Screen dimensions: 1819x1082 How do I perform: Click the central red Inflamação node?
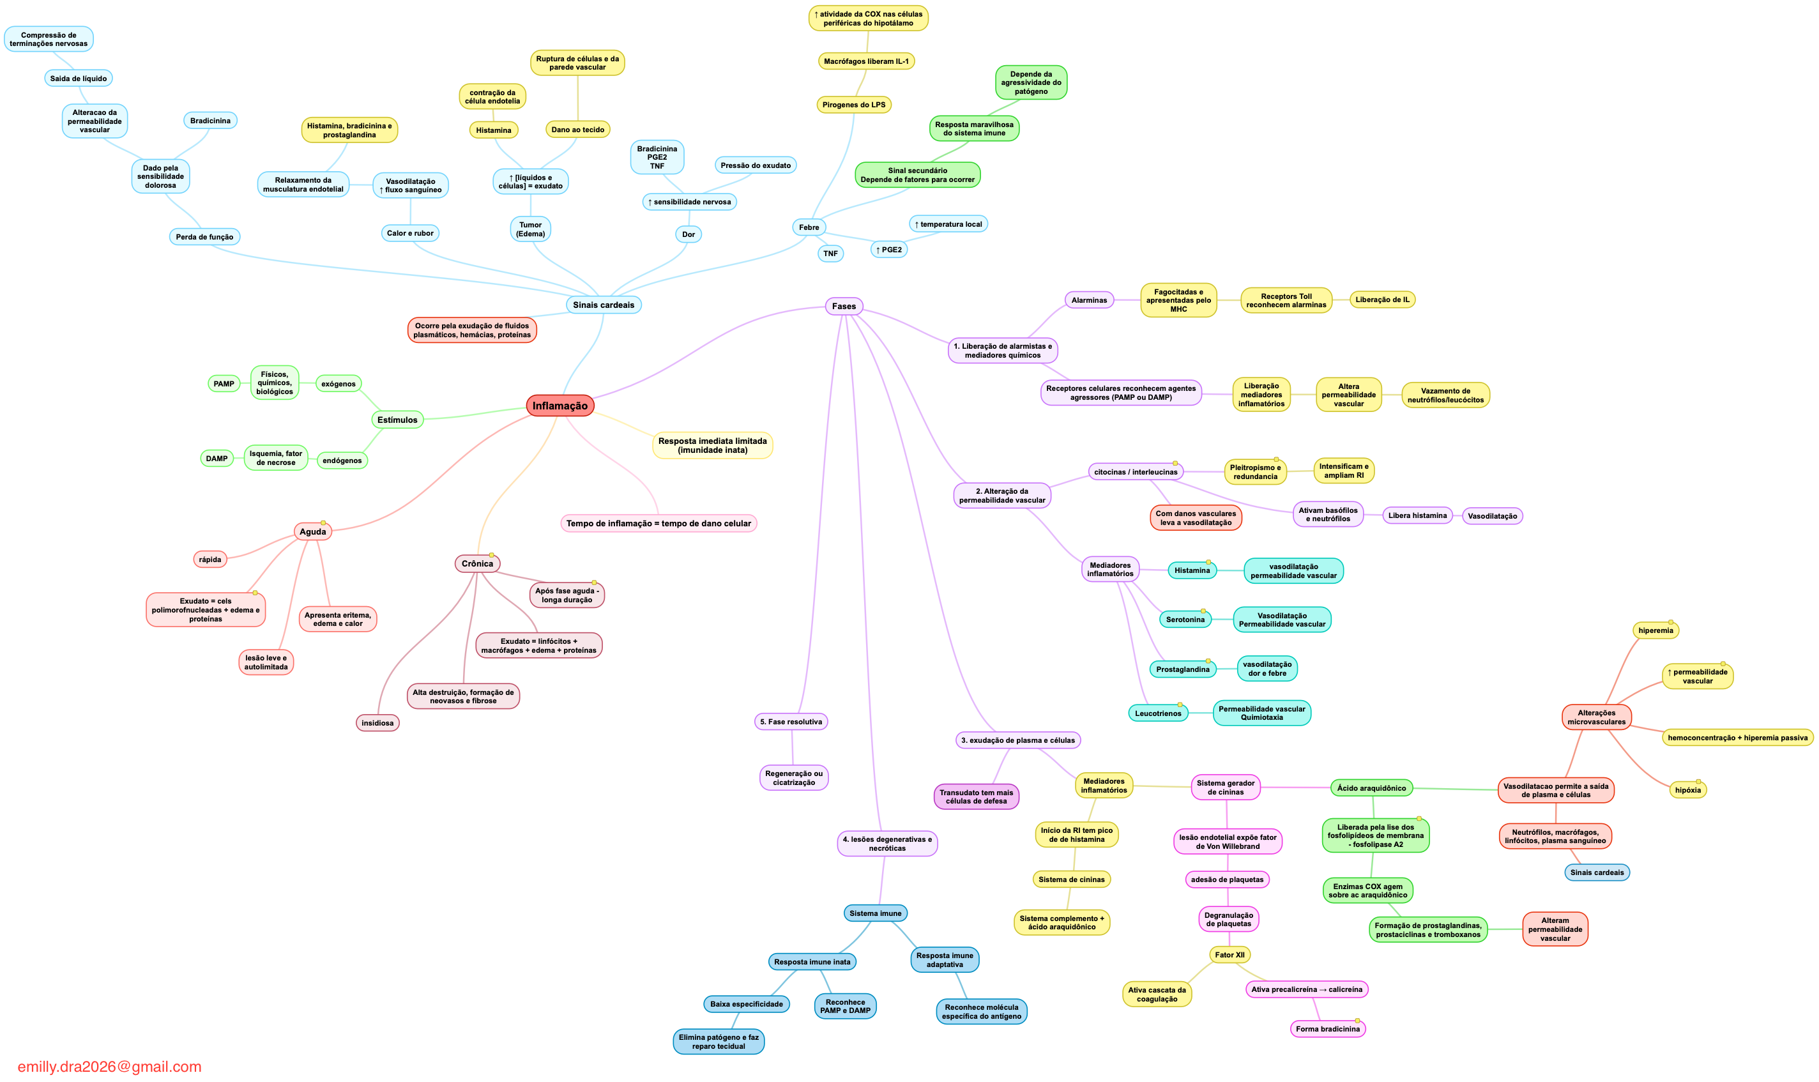coord(560,406)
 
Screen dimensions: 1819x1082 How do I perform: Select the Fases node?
coord(844,306)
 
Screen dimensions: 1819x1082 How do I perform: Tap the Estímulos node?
coord(397,420)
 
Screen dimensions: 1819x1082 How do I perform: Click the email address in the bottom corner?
coord(109,1067)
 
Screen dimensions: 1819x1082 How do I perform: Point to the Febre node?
coord(809,227)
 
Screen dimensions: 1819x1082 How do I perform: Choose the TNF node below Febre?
coord(830,254)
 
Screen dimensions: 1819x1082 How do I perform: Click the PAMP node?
coord(224,383)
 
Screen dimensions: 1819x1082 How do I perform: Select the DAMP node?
coord(217,459)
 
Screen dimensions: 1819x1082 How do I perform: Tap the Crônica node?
coord(477,563)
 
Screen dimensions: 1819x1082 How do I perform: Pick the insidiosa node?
coord(377,723)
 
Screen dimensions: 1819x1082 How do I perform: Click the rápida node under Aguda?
coord(210,560)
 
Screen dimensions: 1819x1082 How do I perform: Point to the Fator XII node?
coord(1229,955)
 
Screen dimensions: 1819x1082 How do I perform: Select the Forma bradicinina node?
coord(1328,1030)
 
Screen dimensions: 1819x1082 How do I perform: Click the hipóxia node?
coord(1688,790)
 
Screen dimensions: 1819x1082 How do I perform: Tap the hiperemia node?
coord(1655,630)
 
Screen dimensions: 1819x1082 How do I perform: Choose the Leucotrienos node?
coord(1158,714)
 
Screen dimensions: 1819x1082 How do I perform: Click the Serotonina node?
coord(1185,620)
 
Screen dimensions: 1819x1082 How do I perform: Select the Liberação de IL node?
coord(1382,300)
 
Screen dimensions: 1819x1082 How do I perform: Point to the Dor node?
coord(689,235)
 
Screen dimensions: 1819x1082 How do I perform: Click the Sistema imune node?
coord(875,913)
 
